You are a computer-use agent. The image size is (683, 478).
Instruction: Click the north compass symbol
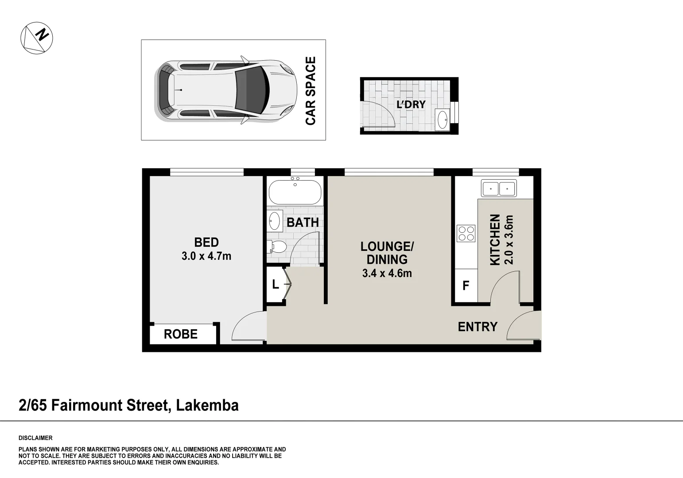click(x=37, y=38)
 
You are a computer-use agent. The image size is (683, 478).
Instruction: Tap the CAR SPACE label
click(x=310, y=91)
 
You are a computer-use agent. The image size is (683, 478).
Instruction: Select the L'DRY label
click(x=411, y=104)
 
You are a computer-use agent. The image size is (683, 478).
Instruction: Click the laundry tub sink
click(x=442, y=119)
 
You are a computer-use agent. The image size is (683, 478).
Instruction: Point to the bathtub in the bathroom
click(x=295, y=192)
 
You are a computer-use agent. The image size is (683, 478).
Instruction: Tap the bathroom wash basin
click(x=275, y=220)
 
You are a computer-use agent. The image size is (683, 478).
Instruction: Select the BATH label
click(x=303, y=222)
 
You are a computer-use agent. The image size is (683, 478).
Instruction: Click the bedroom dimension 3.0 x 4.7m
click(x=206, y=256)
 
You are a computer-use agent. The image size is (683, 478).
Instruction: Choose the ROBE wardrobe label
click(x=181, y=334)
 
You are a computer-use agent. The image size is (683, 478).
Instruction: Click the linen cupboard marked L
click(x=276, y=285)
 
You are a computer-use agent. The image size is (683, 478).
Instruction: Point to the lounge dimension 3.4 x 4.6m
click(x=387, y=274)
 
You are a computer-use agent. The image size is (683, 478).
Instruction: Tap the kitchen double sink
click(x=499, y=189)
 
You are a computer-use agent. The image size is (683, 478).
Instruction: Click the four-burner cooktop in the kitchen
click(x=466, y=233)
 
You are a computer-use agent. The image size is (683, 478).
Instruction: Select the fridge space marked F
click(x=466, y=286)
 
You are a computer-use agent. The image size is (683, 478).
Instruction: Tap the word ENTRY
click(x=477, y=327)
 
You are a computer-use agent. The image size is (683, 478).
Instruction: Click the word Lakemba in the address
click(x=207, y=405)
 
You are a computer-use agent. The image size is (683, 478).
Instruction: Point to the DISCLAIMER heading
click(x=35, y=438)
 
